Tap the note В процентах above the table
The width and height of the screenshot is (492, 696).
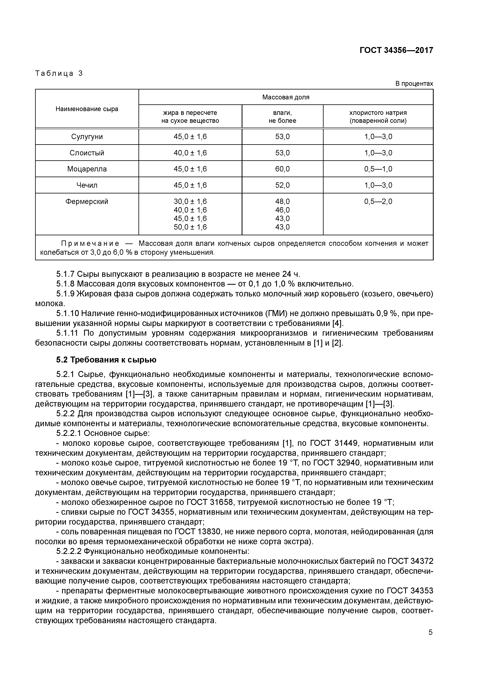tap(414, 84)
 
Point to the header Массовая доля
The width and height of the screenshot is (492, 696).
tap(285, 97)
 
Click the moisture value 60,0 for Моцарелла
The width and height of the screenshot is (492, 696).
tap(282, 169)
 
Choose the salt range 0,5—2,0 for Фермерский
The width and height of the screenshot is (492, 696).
tap(378, 202)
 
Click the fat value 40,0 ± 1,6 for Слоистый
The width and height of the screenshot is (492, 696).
tap(190, 153)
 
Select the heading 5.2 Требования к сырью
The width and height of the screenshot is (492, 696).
tap(106, 360)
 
